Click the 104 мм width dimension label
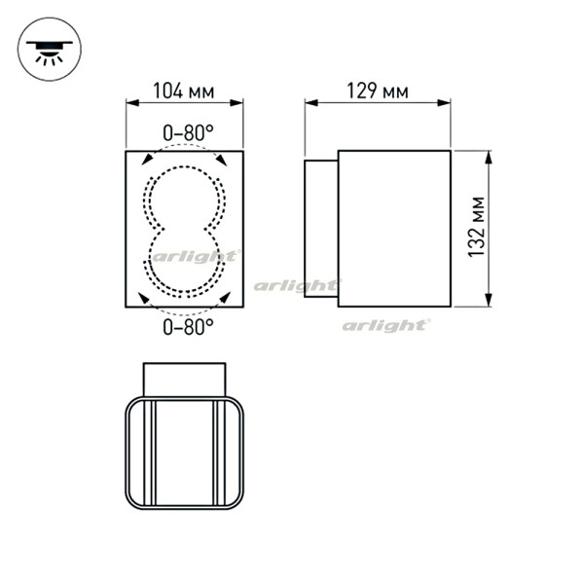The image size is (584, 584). (184, 92)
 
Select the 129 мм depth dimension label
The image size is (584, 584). (377, 92)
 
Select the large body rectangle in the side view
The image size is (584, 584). (394, 228)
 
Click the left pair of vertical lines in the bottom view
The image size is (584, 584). (152, 453)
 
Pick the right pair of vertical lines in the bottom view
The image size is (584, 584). (217, 453)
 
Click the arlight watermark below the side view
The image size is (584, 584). (385, 325)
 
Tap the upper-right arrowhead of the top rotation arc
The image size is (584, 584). (222, 160)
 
